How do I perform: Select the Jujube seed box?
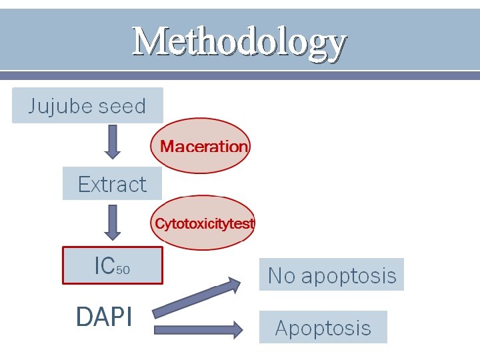click(x=87, y=106)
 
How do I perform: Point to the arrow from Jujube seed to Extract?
click(x=113, y=141)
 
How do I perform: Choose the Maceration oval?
click(x=201, y=146)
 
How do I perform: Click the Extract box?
click(x=112, y=184)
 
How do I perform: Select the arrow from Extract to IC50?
click(x=113, y=222)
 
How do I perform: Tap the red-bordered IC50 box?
click(x=112, y=265)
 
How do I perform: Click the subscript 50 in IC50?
click(x=123, y=270)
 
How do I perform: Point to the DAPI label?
click(x=104, y=317)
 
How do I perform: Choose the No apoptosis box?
click(x=331, y=275)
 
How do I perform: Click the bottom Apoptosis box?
click(x=323, y=327)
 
